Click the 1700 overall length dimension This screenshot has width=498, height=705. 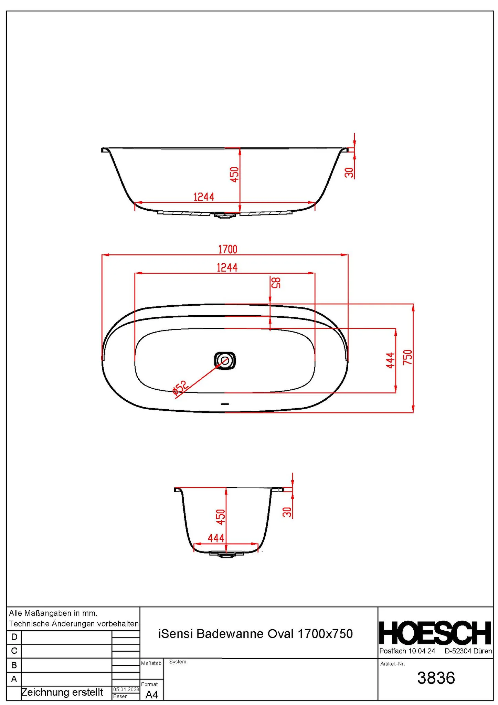(x=227, y=249)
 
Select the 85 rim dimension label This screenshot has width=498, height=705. (x=276, y=282)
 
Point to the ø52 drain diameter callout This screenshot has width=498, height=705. (x=180, y=387)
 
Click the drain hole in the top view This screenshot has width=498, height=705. (x=225, y=360)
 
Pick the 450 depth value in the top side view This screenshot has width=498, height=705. (x=234, y=175)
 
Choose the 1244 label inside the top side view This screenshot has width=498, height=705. (x=204, y=197)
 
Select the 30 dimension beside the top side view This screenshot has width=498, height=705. (x=349, y=172)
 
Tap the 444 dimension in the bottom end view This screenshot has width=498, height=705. (x=216, y=538)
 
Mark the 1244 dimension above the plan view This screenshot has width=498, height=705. (x=227, y=267)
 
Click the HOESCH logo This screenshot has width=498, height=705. (x=435, y=633)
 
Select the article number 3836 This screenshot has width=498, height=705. (x=436, y=678)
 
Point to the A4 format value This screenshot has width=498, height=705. (x=151, y=695)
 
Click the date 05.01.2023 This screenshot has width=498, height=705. (x=126, y=689)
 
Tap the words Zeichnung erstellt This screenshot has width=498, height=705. (x=62, y=692)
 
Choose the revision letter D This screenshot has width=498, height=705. (x=14, y=637)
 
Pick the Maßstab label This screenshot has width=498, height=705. (x=151, y=663)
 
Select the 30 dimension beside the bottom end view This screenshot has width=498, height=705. (x=287, y=512)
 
